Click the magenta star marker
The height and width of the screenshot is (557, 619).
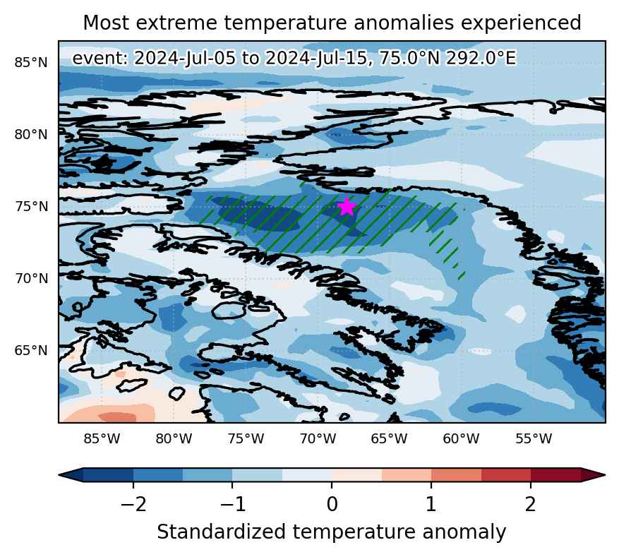pyautogui.click(x=347, y=206)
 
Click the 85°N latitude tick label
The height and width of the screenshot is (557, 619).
pyautogui.click(x=31, y=62)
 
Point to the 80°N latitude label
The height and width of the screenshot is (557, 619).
pyautogui.click(x=31, y=135)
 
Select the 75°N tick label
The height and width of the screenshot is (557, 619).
pyautogui.click(x=31, y=206)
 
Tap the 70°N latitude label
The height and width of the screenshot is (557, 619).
pyautogui.click(x=31, y=279)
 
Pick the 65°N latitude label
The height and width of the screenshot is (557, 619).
pyautogui.click(x=31, y=351)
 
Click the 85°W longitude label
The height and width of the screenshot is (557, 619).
pyautogui.click(x=102, y=438)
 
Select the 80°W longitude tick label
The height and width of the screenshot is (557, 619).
pyautogui.click(x=174, y=438)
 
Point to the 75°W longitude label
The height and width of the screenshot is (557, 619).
pyautogui.click(x=246, y=438)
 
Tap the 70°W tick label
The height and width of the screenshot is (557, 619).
pyautogui.click(x=318, y=438)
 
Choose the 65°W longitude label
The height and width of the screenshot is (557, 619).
pyautogui.click(x=389, y=438)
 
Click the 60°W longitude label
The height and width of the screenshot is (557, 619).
pyautogui.click(x=461, y=438)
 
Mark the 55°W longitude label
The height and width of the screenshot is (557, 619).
pyautogui.click(x=534, y=438)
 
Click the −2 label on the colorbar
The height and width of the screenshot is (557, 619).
pyautogui.click(x=133, y=504)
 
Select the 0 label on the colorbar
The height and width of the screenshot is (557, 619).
pyautogui.click(x=332, y=504)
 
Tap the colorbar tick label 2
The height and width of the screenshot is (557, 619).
pyautogui.click(x=531, y=504)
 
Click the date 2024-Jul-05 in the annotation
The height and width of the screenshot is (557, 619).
pyautogui.click(x=185, y=59)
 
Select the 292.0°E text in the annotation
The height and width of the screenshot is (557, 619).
pyautogui.click(x=481, y=59)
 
